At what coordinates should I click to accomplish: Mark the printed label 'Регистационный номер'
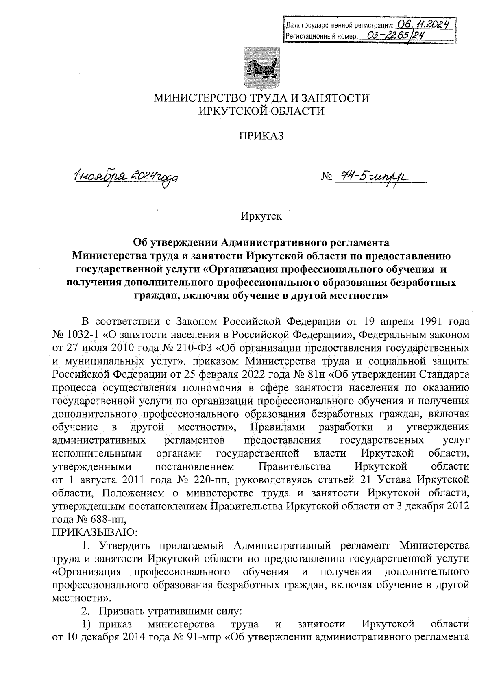pyautogui.click(x=321, y=36)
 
